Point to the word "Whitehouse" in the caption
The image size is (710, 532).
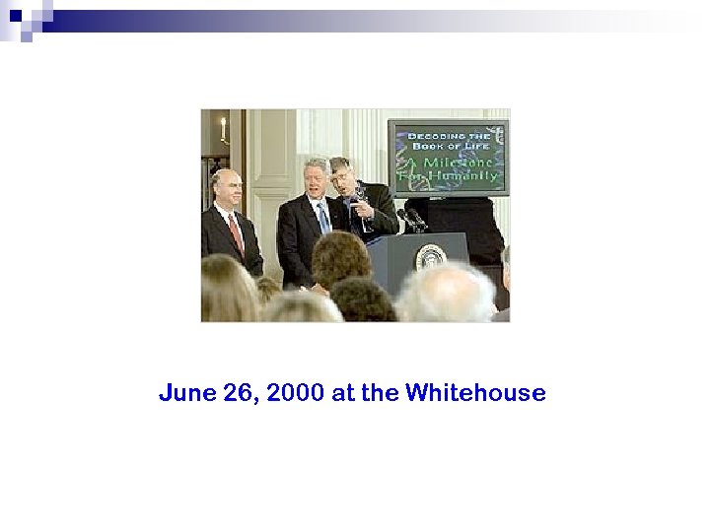[x=475, y=394]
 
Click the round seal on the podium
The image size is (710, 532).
[x=430, y=259]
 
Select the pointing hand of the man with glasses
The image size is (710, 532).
[x=363, y=208]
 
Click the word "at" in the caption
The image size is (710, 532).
[x=343, y=394]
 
